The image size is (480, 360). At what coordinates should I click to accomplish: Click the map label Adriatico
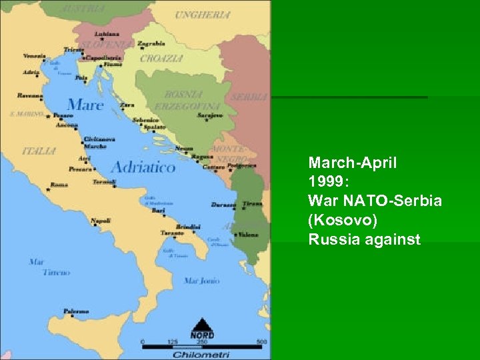(x=143, y=167)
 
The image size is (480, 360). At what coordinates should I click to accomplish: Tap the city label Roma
(x=59, y=185)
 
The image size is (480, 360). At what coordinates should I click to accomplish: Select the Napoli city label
(x=100, y=220)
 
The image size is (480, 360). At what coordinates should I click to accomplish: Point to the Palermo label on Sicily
(x=76, y=311)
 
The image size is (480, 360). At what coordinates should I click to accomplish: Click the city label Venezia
(x=35, y=56)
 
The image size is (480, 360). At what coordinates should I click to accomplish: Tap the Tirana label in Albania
(x=253, y=203)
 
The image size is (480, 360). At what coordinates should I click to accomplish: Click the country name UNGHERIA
(x=203, y=14)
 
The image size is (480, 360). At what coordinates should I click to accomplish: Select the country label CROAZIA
(x=161, y=58)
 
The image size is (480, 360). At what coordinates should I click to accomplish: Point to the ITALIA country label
(x=39, y=151)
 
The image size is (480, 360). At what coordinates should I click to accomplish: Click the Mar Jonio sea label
(x=201, y=281)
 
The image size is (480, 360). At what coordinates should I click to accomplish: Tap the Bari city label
(x=158, y=210)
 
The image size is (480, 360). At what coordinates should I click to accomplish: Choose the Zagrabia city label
(x=151, y=44)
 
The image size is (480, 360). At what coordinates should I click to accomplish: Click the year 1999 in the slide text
(x=327, y=181)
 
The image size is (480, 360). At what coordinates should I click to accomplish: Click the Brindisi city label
(x=188, y=227)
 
